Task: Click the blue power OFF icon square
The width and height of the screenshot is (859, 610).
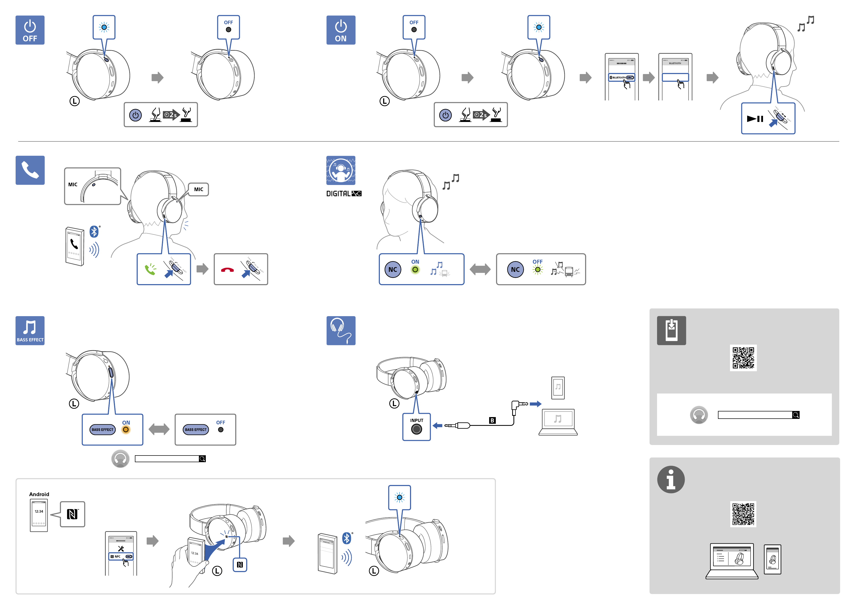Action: point(30,30)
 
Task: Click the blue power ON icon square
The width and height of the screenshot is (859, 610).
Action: point(340,30)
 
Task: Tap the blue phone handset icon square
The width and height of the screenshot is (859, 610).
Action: point(30,170)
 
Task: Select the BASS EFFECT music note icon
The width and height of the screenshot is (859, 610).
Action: point(30,330)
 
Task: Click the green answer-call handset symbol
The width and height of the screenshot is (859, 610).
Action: point(151,269)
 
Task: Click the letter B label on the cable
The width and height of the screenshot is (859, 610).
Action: point(492,420)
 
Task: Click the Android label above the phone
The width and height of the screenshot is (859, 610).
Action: point(39,494)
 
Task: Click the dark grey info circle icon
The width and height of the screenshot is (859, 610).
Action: point(671,480)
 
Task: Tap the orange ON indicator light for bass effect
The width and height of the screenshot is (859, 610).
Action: point(126,429)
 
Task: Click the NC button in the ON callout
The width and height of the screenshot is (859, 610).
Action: point(393,269)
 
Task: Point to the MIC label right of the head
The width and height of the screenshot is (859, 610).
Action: point(199,189)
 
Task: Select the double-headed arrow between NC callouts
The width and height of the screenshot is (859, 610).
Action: point(480,269)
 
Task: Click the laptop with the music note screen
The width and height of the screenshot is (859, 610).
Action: point(558,422)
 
